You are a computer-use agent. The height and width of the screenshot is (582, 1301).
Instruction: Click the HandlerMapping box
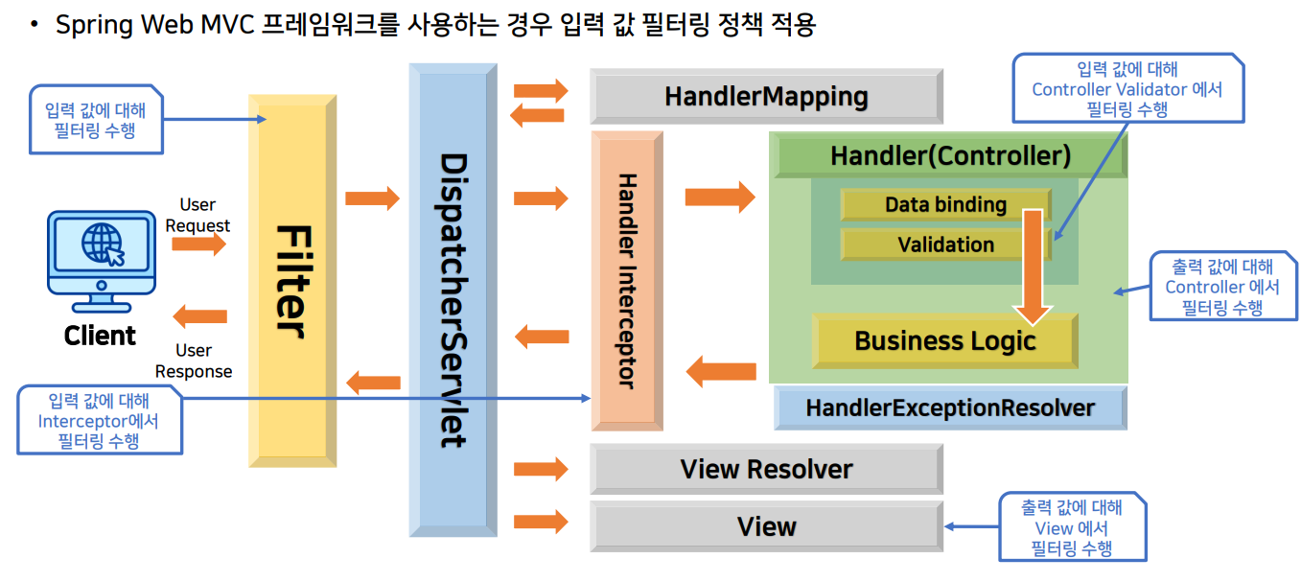[765, 97]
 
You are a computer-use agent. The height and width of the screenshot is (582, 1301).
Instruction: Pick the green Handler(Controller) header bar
[949, 155]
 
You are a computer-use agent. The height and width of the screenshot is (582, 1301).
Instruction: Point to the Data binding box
[945, 205]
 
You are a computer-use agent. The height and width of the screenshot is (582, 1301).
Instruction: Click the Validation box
[945, 245]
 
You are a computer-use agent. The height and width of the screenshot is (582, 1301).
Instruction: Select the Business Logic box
[945, 340]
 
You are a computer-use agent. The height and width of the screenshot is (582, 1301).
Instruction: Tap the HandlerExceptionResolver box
[949, 407]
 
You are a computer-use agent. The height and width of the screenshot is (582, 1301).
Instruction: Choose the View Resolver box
[765, 469]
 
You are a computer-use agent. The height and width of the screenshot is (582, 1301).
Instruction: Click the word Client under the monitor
[100, 336]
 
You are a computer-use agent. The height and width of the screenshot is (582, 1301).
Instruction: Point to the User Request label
[197, 215]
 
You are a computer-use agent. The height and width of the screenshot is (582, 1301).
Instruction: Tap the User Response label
[194, 361]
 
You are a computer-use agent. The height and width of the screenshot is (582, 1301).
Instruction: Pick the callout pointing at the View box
[1072, 526]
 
